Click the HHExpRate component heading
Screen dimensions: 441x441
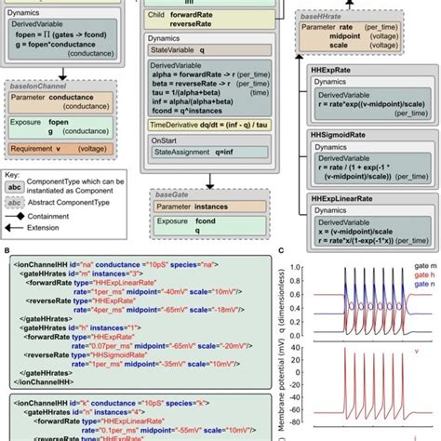pyautogui.click(x=332, y=70)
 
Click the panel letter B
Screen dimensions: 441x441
pyautogui.click(x=8, y=251)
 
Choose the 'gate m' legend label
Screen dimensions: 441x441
pyautogui.click(x=416, y=265)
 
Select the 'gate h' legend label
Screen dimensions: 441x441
pyautogui.click(x=416, y=276)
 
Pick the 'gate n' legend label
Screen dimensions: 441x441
pyautogui.click(x=416, y=287)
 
